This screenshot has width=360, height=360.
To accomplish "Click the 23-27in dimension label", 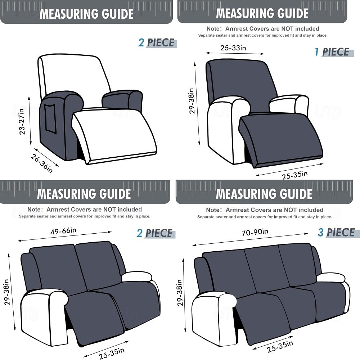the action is [x=22, y=121].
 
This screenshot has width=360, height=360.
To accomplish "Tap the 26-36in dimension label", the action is [x=42, y=163].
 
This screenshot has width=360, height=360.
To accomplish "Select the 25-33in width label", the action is [x=233, y=48].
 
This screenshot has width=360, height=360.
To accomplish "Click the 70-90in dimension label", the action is [x=255, y=232].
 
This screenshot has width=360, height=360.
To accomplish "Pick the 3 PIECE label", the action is [x=336, y=233].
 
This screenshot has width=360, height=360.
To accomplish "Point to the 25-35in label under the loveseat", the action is [x=112, y=353].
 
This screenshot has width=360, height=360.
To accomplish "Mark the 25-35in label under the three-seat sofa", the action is [x=280, y=346].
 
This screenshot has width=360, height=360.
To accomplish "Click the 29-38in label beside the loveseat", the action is [x=6, y=292].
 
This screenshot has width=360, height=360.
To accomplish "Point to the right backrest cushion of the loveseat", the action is [x=98, y=264].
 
